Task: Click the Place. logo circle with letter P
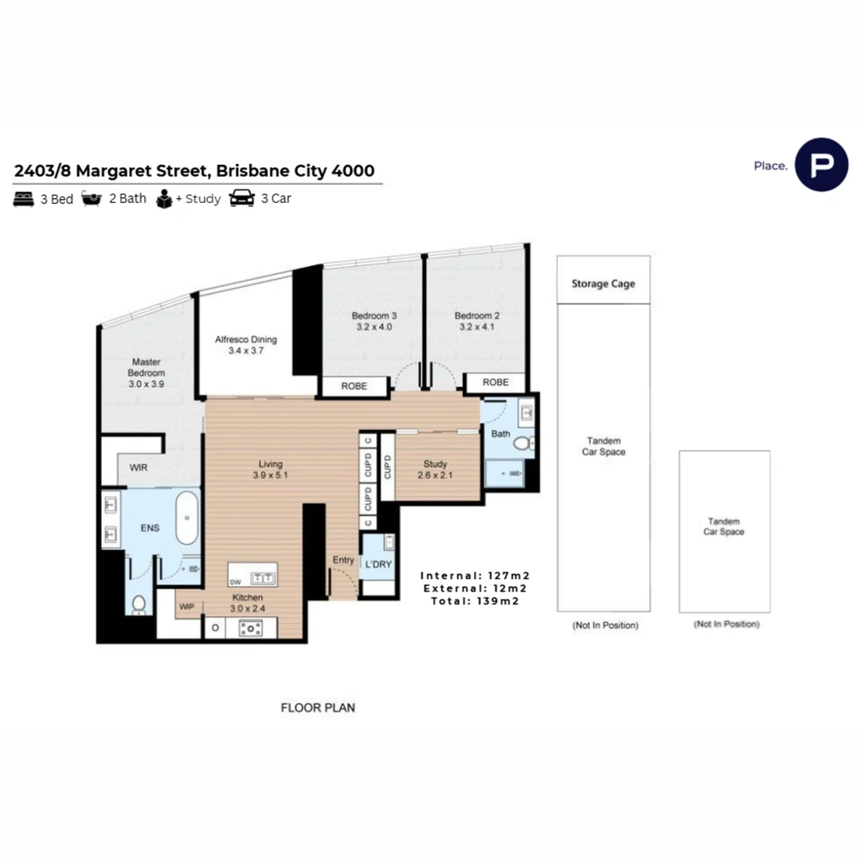click(x=821, y=165)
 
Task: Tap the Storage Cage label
click(x=603, y=283)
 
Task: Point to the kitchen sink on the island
click(x=260, y=577)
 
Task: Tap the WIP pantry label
click(x=187, y=607)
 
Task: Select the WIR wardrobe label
click(x=139, y=467)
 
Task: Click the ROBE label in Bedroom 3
click(x=354, y=386)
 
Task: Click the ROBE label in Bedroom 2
click(x=495, y=383)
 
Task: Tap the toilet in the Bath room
click(x=523, y=443)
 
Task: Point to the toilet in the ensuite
click(x=138, y=604)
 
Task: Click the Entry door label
click(x=343, y=560)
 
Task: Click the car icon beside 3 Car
click(x=242, y=199)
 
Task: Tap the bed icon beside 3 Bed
click(x=23, y=199)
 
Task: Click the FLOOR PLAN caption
click(x=318, y=707)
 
